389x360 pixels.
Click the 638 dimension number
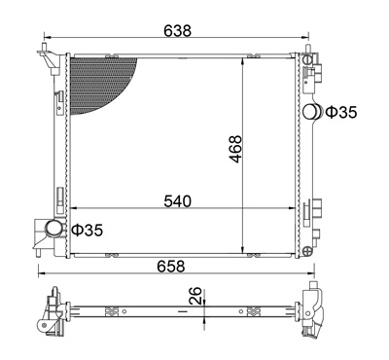coord(178,30)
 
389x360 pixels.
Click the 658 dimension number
coord(171,267)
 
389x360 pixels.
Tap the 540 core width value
coord(178,201)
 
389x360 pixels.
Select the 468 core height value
coord(235,149)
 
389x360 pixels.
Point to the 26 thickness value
coord(195,296)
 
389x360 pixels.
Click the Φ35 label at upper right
coord(341,112)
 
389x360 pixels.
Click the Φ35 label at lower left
coord(87,230)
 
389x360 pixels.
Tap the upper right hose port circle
coord(310,112)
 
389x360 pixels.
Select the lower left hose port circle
coord(53,229)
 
